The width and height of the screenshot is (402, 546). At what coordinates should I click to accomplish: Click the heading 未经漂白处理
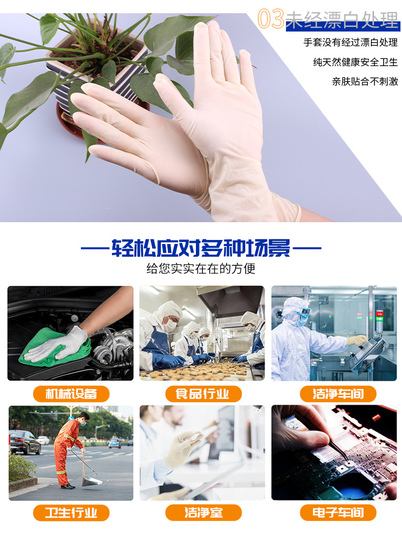tap(342, 20)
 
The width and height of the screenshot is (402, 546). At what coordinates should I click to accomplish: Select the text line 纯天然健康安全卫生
tap(355, 62)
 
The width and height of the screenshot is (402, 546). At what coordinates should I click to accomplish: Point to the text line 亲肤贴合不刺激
tap(365, 81)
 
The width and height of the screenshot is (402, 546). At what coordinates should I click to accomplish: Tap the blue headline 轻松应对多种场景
tap(201, 249)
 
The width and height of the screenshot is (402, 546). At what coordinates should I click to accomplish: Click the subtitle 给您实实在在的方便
tap(201, 268)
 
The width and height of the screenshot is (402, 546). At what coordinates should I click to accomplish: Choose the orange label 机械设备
tap(71, 394)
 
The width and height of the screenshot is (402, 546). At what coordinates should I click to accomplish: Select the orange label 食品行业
tap(203, 394)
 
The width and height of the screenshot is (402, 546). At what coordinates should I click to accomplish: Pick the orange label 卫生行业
tap(71, 512)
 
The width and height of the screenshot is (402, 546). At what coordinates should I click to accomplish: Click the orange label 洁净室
tap(203, 512)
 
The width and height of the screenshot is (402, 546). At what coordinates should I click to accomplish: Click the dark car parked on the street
tap(24, 442)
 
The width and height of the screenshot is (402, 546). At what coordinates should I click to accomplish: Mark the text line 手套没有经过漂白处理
tap(351, 43)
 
